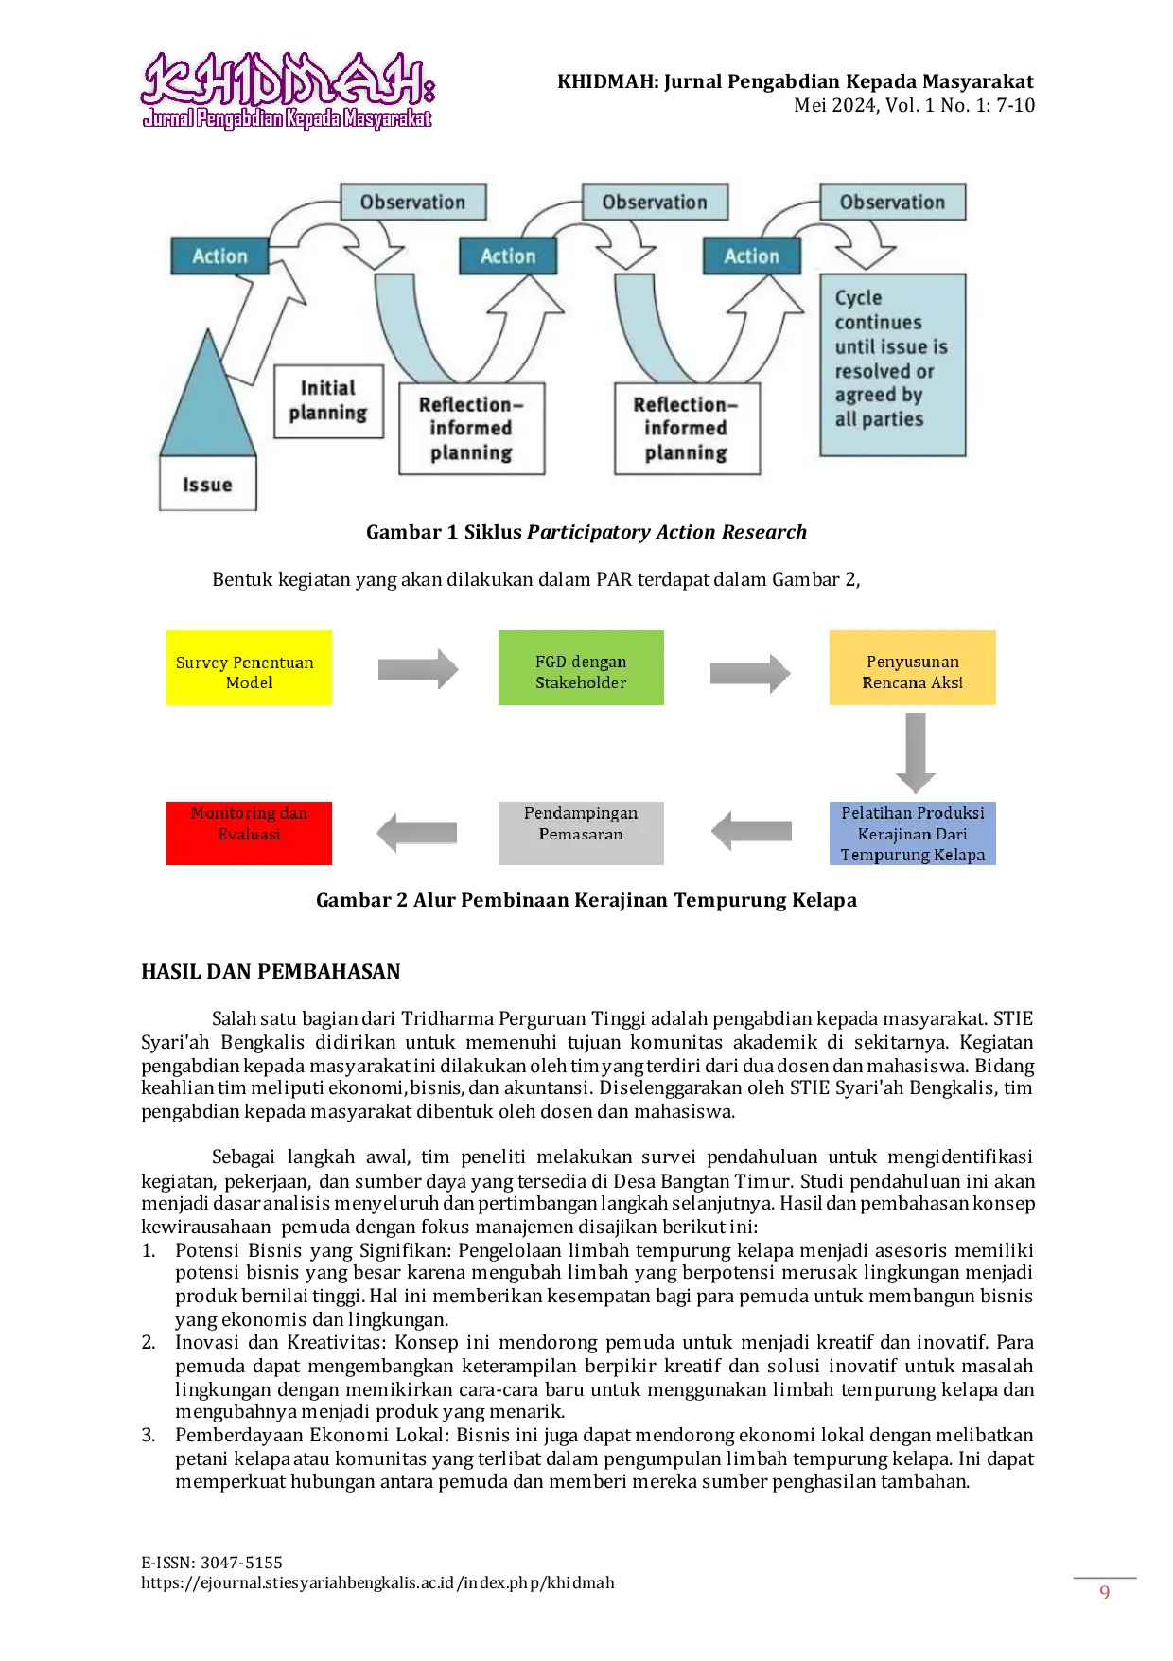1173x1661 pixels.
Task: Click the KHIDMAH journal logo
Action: pos(288,90)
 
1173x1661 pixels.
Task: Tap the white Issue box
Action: pos(208,484)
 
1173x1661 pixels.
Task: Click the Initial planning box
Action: pos(328,401)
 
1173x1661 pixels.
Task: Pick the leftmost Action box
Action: pos(219,256)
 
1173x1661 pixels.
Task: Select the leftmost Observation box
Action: pos(412,202)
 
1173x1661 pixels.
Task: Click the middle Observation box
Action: pos(655,202)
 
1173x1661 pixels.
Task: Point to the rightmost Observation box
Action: pos(892,202)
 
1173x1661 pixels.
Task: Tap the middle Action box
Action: pos(508,256)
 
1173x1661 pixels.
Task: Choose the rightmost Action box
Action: pos(752,256)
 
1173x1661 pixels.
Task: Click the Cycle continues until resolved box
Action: pos(892,364)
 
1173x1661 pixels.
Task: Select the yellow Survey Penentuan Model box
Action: pos(249,668)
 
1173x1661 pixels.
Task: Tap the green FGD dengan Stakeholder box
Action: pos(581,668)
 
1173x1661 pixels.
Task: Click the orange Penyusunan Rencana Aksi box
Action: pos(912,668)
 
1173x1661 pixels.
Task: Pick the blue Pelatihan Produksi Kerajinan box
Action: pos(912,833)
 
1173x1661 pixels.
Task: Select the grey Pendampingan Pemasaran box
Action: pos(581,833)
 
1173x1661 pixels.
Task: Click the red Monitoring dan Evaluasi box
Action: pos(249,833)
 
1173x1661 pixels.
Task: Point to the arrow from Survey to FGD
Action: pos(418,670)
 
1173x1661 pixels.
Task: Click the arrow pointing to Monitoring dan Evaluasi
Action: pos(417,833)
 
